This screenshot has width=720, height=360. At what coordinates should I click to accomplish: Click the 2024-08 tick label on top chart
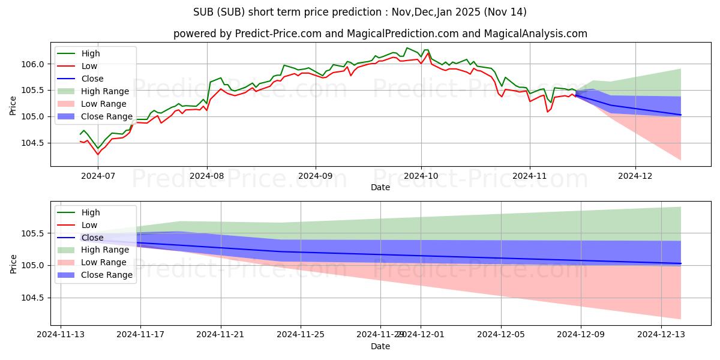(x=207, y=176)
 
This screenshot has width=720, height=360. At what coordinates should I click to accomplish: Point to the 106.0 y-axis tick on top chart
(x=34, y=64)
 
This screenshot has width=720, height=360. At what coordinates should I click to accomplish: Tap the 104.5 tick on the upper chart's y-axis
(x=34, y=143)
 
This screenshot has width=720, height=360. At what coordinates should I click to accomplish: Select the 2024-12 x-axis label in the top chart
(x=635, y=176)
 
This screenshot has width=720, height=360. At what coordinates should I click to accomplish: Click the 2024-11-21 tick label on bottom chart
(x=221, y=335)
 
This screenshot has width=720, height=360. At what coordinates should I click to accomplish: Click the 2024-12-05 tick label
(x=501, y=335)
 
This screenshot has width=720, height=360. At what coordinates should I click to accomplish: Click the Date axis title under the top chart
(x=380, y=187)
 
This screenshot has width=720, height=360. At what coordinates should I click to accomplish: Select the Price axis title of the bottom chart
(x=14, y=263)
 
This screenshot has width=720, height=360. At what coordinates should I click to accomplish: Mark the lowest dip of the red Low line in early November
(x=547, y=112)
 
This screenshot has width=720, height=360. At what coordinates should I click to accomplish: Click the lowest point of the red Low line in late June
(x=98, y=155)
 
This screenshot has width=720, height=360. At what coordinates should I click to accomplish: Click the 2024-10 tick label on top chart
(x=421, y=176)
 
